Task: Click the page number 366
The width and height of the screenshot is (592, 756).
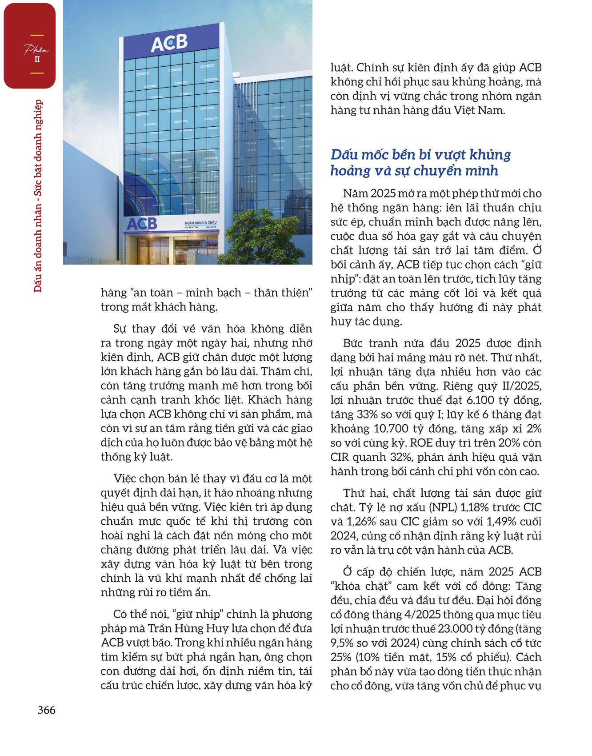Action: pyautogui.click(x=46, y=710)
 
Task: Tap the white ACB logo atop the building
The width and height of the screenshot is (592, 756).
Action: pyautogui.click(x=168, y=43)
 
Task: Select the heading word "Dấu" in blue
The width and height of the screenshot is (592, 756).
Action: pyautogui.click(x=344, y=155)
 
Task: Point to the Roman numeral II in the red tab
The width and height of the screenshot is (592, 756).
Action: pyautogui.click(x=37, y=59)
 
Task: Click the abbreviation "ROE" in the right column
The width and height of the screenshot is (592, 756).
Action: pyautogui.click(x=422, y=443)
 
